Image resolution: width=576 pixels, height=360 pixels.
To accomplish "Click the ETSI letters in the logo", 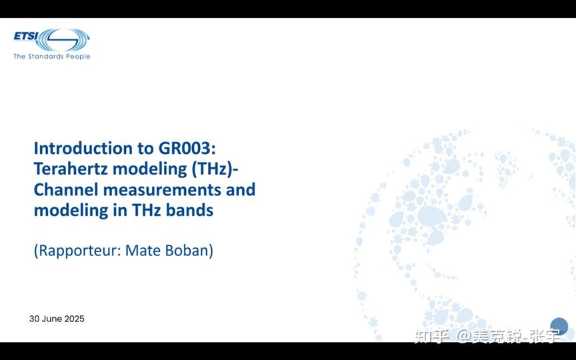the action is (26, 37).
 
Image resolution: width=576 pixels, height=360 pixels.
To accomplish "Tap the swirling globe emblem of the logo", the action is (63, 40).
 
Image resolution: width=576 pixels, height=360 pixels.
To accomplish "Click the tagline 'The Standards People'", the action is (52, 57).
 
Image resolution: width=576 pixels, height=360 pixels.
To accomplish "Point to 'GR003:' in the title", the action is (187, 148).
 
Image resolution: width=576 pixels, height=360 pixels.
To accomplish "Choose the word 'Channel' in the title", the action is (66, 189).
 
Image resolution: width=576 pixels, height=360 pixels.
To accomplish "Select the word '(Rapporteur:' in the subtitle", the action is (77, 251).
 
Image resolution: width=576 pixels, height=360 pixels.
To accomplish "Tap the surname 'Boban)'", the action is (189, 251).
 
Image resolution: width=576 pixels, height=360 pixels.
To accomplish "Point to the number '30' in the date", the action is (34, 319).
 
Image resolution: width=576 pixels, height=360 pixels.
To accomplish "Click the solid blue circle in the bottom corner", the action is (559, 327).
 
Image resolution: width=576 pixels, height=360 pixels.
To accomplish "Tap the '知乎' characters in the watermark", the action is (432, 336).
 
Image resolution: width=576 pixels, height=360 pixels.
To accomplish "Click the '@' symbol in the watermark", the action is (464, 336).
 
